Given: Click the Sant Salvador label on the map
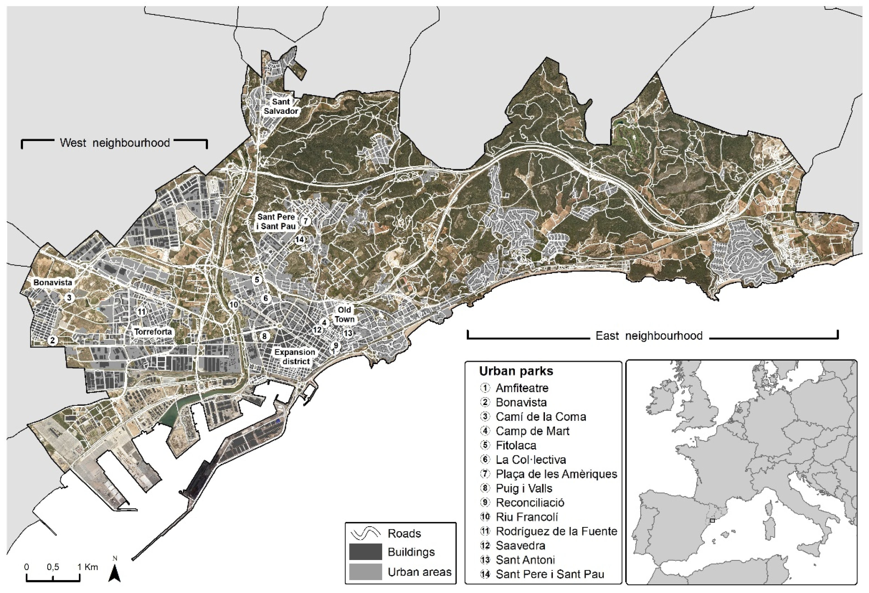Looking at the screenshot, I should [x=281, y=106].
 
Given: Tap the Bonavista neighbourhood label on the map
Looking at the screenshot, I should [x=53, y=283].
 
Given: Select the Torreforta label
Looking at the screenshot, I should [x=153, y=331].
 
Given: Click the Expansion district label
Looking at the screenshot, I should [x=295, y=357].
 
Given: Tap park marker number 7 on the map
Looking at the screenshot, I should [x=306, y=221].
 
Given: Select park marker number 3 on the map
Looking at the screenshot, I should [x=69, y=298].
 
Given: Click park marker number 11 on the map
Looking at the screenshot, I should [x=141, y=312].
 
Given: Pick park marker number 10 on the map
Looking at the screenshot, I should [x=234, y=305].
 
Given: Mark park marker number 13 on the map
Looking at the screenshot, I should [x=348, y=333].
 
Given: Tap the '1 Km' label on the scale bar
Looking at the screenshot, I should [x=88, y=566].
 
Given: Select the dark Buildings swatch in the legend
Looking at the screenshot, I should [x=365, y=552].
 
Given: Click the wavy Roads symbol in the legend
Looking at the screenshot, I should [x=365, y=533].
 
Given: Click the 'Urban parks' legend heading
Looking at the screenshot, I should [x=516, y=371].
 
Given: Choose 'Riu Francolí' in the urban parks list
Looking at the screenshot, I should [x=526, y=517].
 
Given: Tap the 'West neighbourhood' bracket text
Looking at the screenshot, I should [x=115, y=143].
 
